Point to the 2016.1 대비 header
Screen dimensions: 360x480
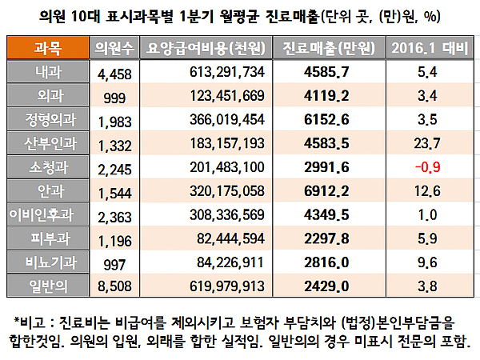[x=426, y=48]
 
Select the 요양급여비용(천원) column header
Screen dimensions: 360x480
[x=207, y=48]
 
